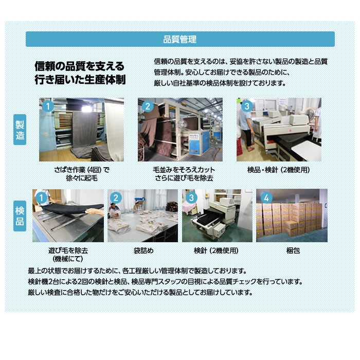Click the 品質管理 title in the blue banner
(180, 39)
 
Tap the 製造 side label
(20, 130)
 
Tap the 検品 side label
(20, 216)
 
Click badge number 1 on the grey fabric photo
(48, 106)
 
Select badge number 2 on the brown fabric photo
(148, 106)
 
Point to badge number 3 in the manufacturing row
(247, 106)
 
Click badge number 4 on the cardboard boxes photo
(266, 197)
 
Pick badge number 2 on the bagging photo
(116, 197)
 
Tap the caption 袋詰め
(143, 250)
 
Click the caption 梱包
(293, 250)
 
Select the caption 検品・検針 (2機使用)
(279, 170)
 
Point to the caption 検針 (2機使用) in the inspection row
(216, 250)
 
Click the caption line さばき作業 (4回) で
(82, 170)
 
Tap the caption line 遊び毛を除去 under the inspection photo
(68, 250)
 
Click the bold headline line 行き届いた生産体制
(80, 80)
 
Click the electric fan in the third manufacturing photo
(310, 115)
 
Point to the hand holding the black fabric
(94, 211)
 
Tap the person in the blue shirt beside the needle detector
(246, 127)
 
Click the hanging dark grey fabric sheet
(85, 130)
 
